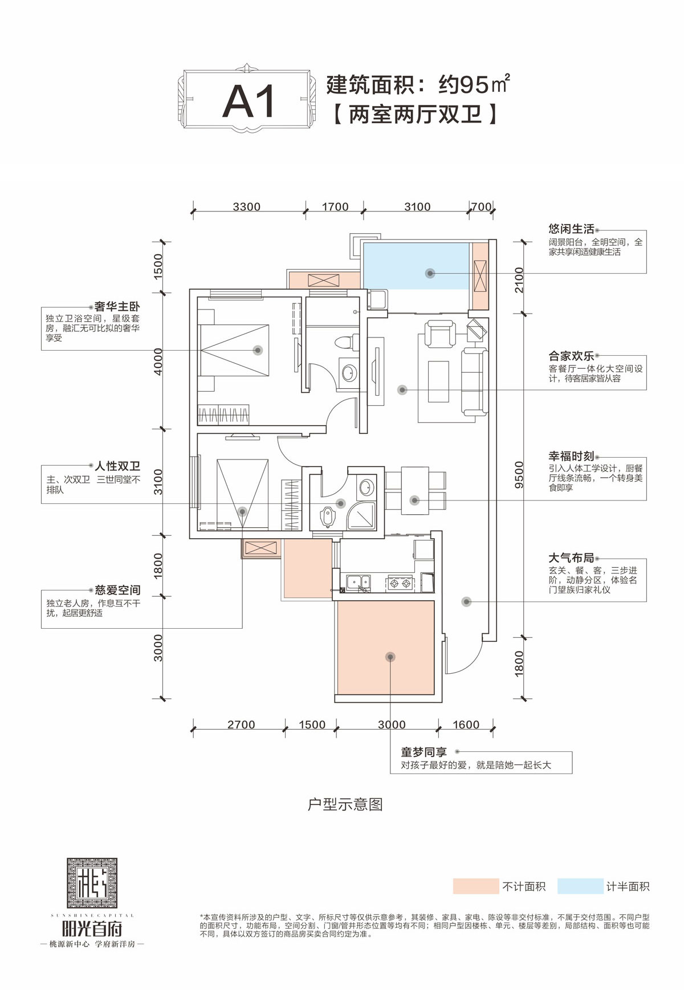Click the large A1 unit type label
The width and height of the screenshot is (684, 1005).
point(249,101)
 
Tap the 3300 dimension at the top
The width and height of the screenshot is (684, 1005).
point(246,206)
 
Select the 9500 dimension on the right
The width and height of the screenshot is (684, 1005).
point(519,475)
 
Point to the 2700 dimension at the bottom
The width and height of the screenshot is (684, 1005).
point(241,725)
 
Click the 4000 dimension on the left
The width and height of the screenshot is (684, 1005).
point(158,361)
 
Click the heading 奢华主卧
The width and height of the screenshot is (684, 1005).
point(117,307)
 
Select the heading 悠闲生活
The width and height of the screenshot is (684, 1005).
point(571,229)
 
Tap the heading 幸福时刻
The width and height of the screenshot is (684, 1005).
point(571,456)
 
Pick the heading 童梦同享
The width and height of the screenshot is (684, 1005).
point(424,752)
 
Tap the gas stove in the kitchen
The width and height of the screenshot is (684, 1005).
point(400,583)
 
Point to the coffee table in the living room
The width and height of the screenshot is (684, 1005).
point(438,381)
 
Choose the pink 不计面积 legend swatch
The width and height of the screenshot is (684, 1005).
point(475,886)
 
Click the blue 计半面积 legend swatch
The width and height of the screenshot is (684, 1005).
point(580,886)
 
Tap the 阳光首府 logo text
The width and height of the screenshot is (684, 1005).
point(92,929)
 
